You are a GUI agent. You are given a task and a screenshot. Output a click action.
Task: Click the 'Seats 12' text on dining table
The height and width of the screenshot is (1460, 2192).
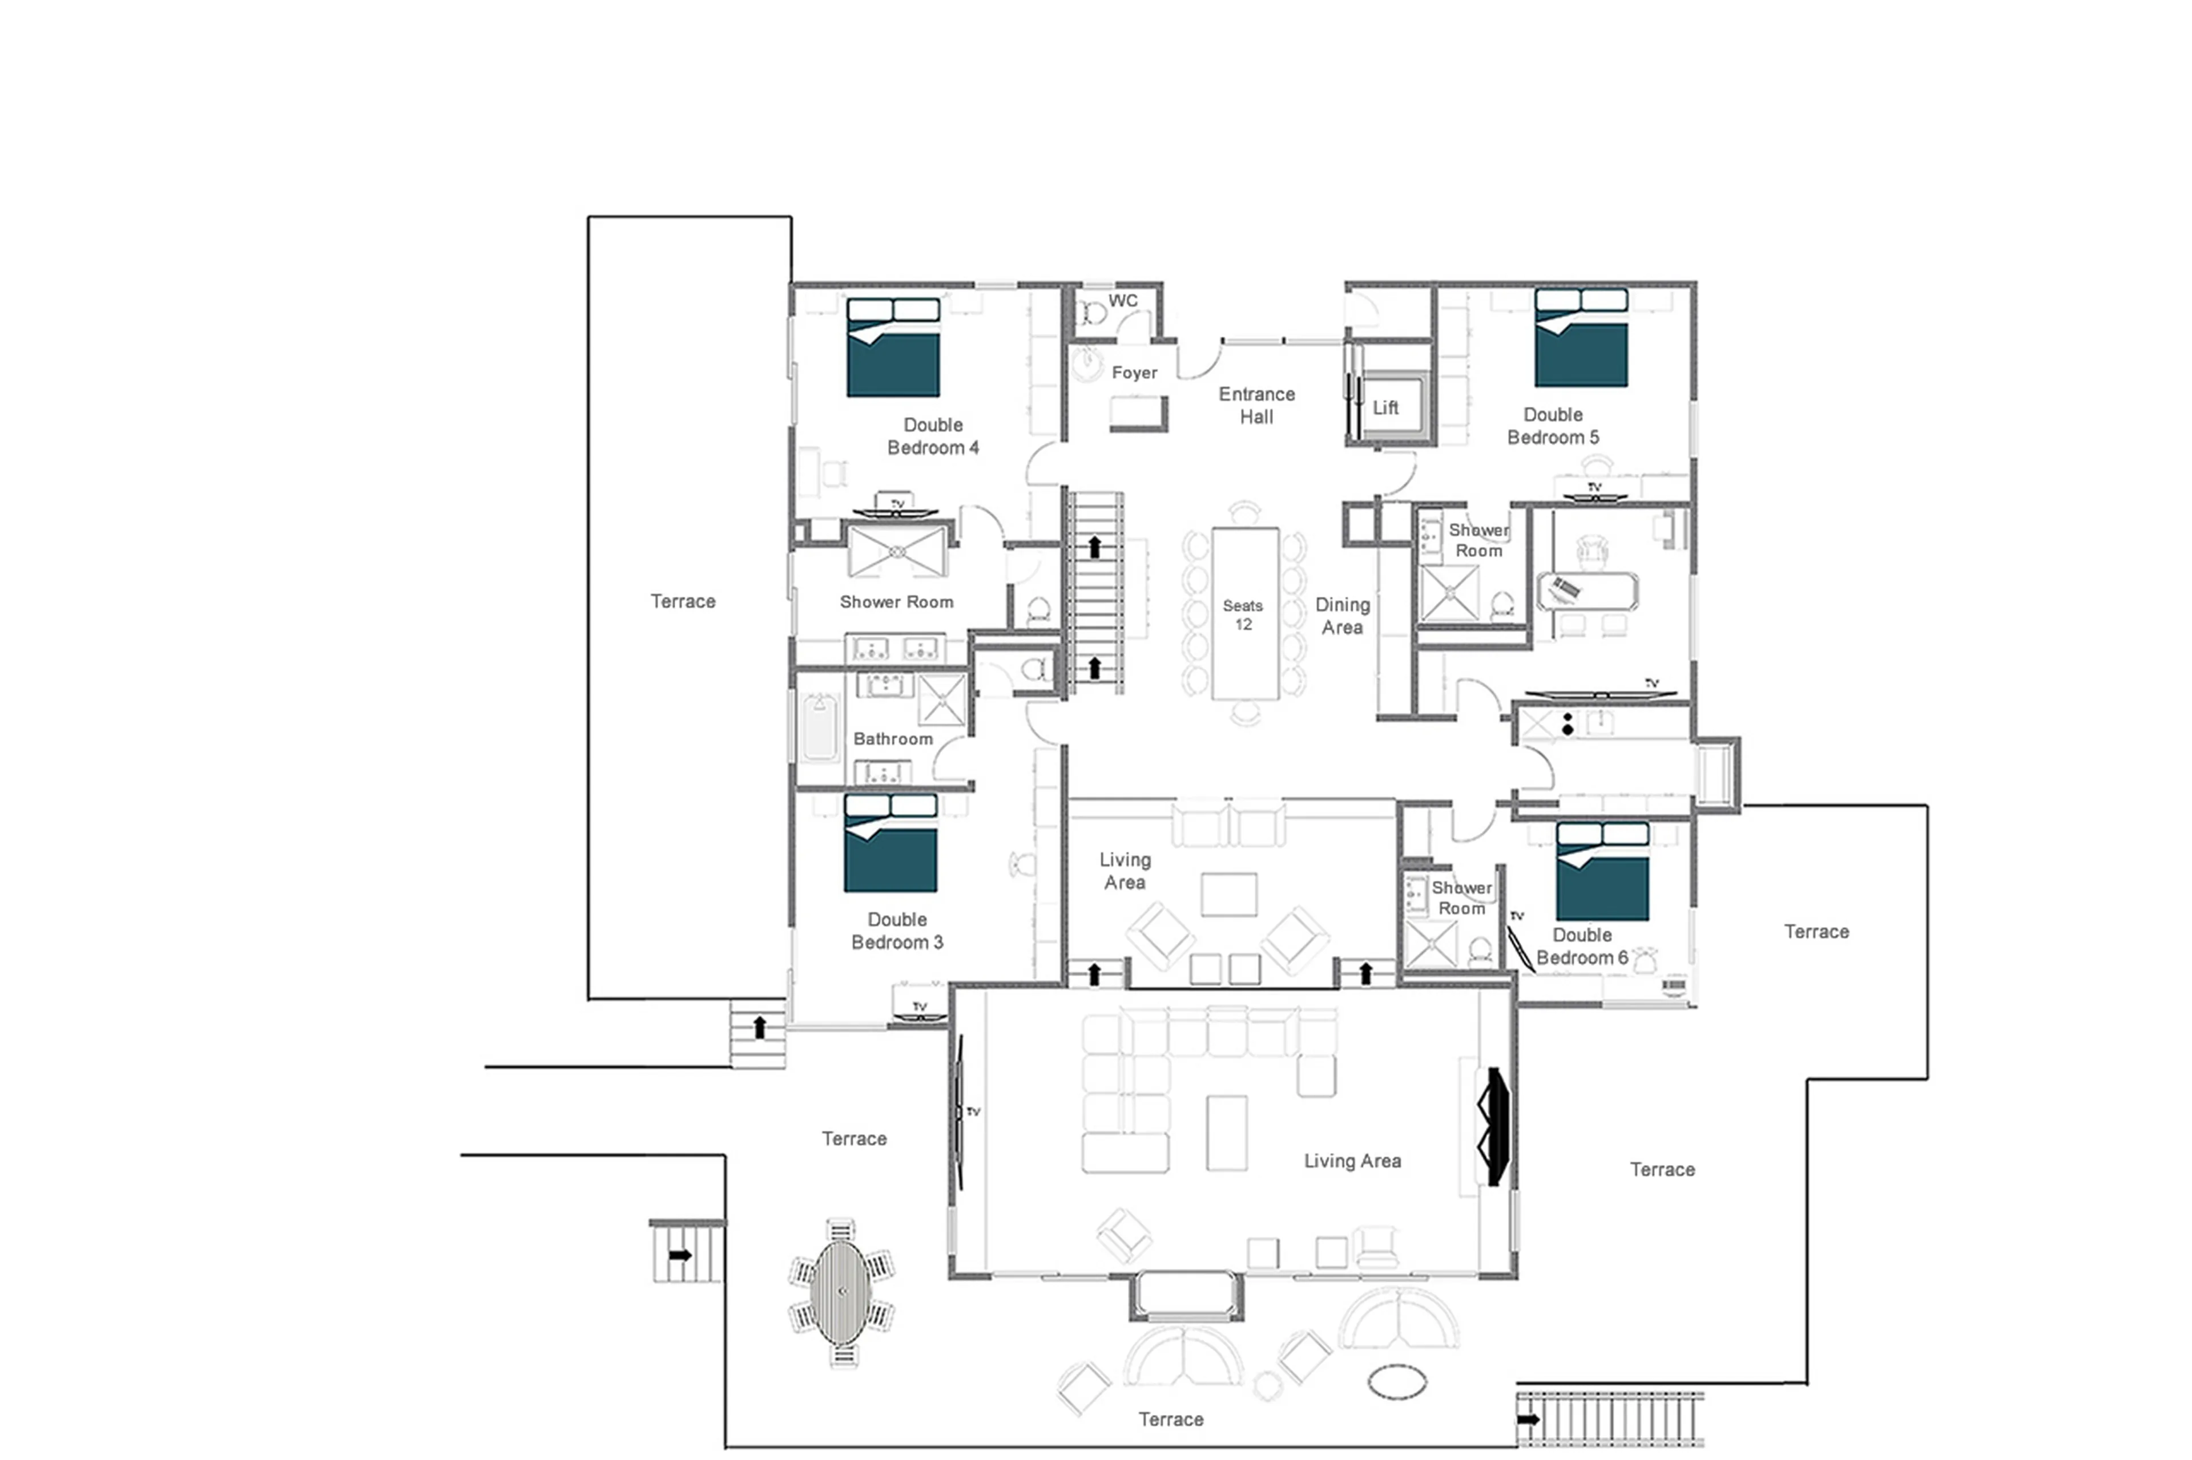pyautogui.click(x=1243, y=614)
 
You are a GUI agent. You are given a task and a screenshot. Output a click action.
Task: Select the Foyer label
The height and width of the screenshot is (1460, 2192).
pyautogui.click(x=1134, y=373)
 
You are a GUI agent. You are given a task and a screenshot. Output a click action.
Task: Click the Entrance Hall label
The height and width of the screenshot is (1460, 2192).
pyautogui.click(x=1256, y=405)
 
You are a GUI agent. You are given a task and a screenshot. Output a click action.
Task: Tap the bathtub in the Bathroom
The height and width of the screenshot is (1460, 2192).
pyautogui.click(x=819, y=727)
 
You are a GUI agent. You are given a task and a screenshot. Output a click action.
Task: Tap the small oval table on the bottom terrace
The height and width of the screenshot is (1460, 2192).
pyautogui.click(x=1396, y=1382)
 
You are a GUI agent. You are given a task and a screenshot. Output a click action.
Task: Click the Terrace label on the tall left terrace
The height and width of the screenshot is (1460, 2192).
pyautogui.click(x=682, y=601)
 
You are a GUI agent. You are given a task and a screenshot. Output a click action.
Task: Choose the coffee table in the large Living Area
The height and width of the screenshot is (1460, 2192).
pyautogui.click(x=1226, y=1133)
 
